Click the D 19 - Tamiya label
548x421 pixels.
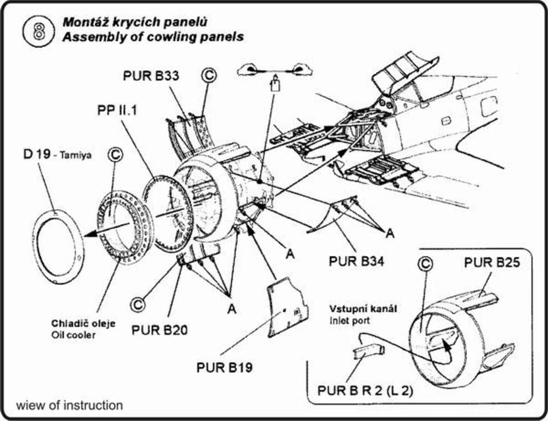[56, 155]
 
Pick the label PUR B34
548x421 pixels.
[356, 260]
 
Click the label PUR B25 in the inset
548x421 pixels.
[492, 262]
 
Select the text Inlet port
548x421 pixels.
[348, 319]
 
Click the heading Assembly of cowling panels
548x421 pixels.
[153, 38]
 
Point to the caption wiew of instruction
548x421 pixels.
[70, 406]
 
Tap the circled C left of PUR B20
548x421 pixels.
[137, 302]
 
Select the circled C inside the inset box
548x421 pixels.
[425, 264]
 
